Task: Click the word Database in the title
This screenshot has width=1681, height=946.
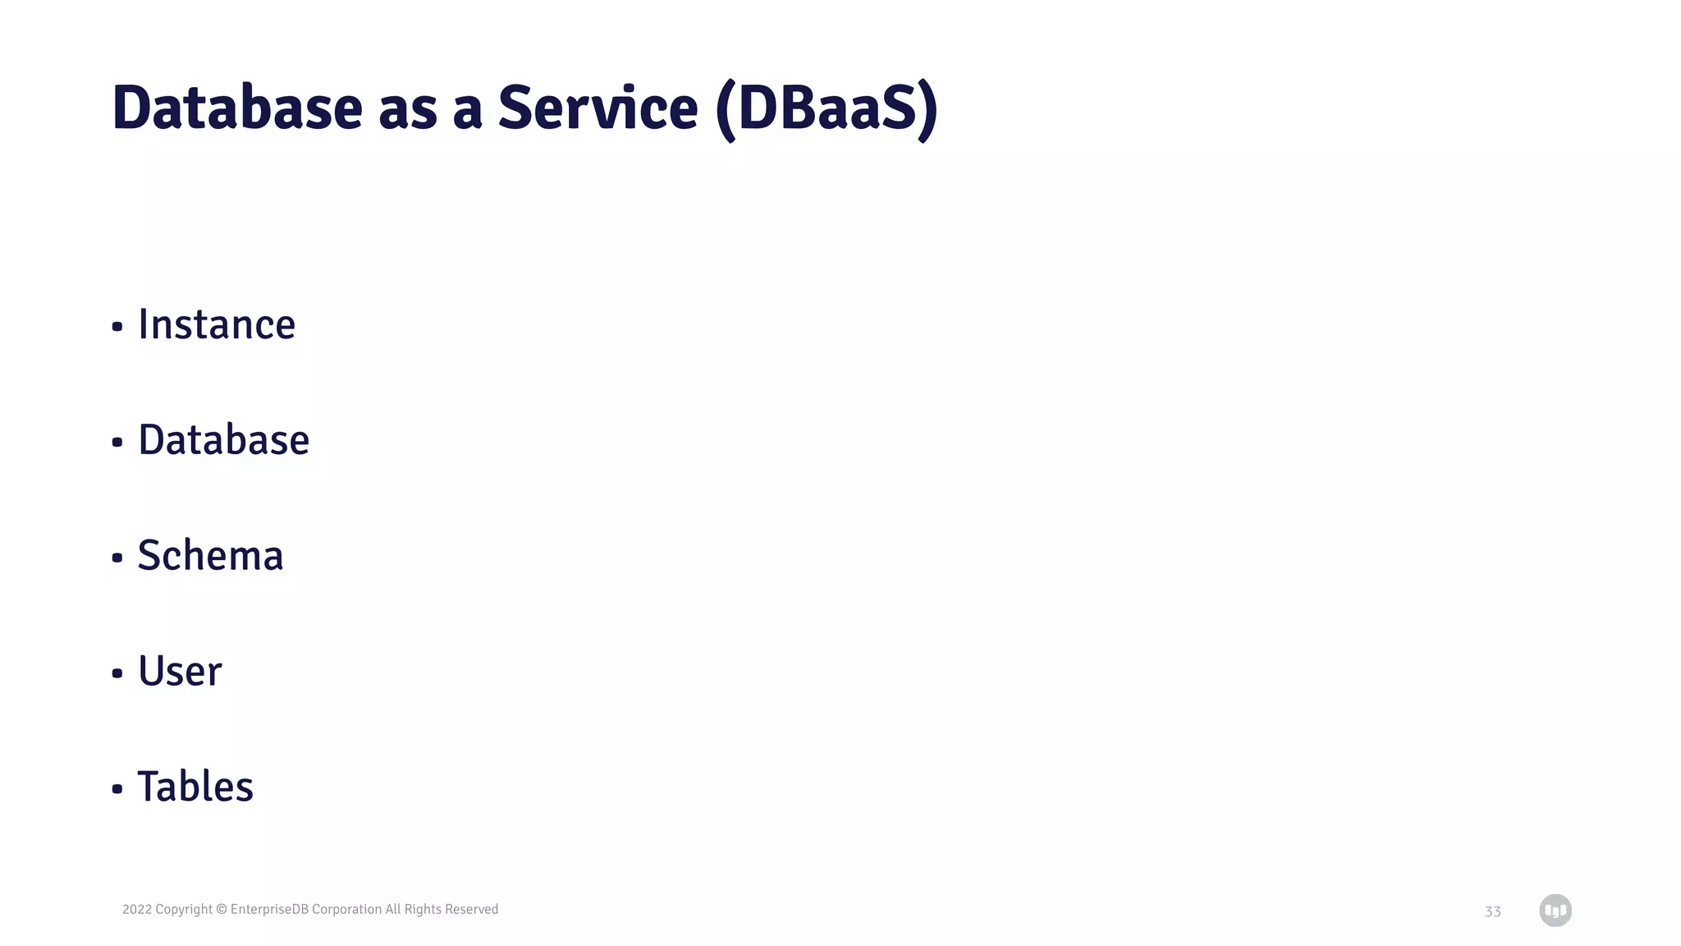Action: point(236,108)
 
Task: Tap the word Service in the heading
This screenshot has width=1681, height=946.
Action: point(598,108)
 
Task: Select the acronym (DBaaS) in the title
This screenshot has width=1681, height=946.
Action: point(827,109)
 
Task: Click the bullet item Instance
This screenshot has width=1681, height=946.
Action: point(217,324)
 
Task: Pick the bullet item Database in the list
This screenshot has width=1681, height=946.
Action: point(223,440)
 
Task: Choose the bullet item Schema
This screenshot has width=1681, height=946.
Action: point(210,556)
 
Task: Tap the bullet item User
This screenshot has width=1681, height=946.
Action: point(180,672)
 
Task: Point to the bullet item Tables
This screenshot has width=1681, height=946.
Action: point(195,787)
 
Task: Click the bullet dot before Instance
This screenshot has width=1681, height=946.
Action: point(117,327)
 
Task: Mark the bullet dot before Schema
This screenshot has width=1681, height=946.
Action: point(117,558)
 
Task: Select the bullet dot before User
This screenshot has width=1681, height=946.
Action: point(117,674)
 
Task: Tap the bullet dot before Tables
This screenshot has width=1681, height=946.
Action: point(117,790)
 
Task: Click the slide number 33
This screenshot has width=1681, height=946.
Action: point(1492,912)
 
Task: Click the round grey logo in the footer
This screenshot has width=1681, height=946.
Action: point(1555,910)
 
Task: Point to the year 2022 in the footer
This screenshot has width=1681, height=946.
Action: point(136,909)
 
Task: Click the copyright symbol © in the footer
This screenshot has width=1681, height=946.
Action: point(222,909)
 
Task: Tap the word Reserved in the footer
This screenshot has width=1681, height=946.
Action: point(471,909)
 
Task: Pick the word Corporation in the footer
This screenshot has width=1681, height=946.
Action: point(346,909)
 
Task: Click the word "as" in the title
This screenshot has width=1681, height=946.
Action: point(407,109)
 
